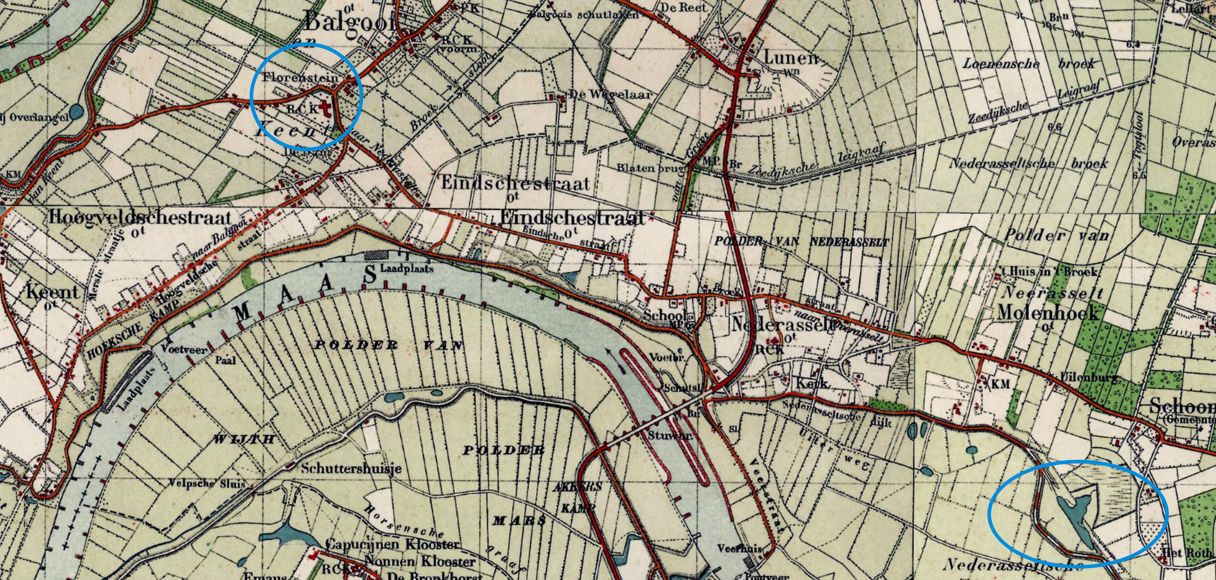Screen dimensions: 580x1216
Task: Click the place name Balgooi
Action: [x=350, y=21]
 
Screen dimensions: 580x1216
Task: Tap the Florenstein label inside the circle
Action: [x=300, y=77]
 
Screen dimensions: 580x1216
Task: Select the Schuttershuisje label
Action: [x=351, y=468]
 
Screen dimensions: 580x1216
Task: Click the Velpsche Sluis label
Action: [x=208, y=484]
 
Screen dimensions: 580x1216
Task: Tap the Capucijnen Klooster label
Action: [x=392, y=545]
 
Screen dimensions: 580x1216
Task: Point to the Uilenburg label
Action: [x=1089, y=378]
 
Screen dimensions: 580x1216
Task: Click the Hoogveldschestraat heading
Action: [x=140, y=217]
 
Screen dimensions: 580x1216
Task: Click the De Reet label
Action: [x=683, y=8]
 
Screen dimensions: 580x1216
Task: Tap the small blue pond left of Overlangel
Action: [x=75, y=112]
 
